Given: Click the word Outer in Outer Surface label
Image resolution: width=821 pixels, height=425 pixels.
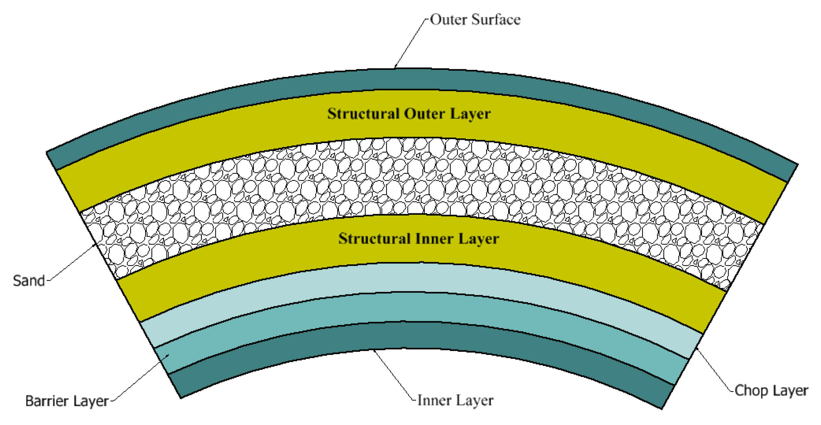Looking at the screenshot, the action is pyautogui.click(x=448, y=20).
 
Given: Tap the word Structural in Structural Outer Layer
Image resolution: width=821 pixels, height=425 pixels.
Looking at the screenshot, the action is pyautogui.click(x=363, y=114).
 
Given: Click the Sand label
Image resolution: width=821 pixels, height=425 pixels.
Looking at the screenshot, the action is pyautogui.click(x=29, y=281).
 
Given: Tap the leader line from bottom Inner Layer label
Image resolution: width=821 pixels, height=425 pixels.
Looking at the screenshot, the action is pyautogui.click(x=393, y=374).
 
